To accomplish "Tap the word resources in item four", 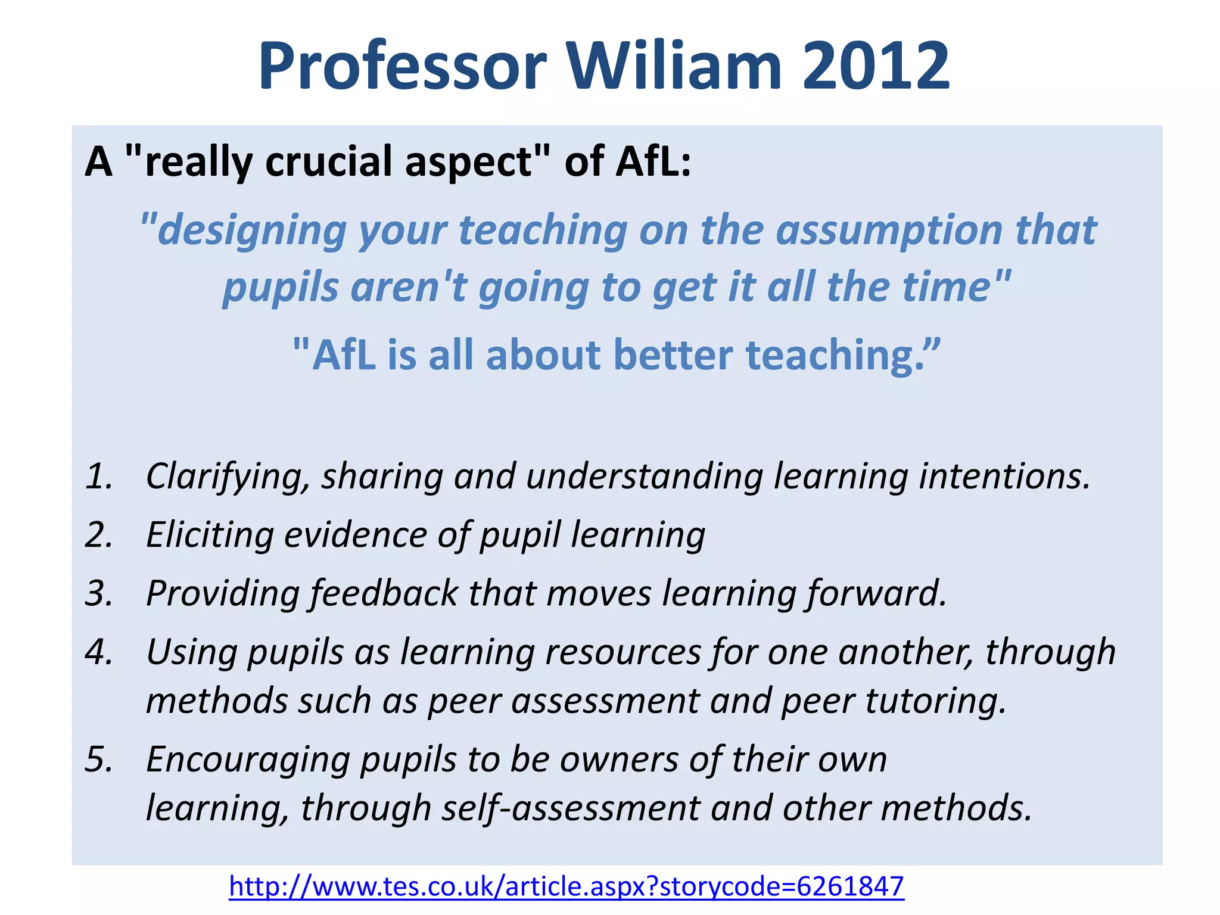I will tap(623, 652).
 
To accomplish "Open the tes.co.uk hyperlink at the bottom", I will tap(567, 886).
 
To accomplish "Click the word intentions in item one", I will tap(1004, 477).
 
